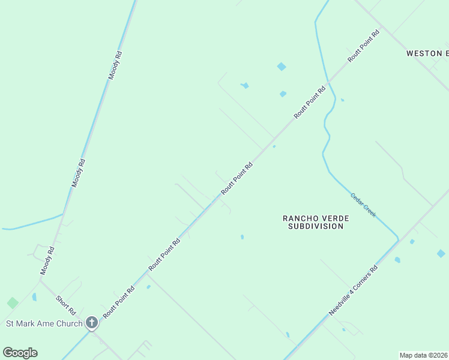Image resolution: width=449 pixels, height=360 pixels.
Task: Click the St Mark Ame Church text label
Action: (x=44, y=324)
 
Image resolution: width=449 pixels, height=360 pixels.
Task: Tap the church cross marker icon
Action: (x=92, y=323)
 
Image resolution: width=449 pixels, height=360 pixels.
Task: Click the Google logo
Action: (x=20, y=353)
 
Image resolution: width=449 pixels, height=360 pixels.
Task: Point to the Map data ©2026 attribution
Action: (x=423, y=355)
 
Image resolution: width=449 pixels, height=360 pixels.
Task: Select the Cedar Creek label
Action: (x=363, y=205)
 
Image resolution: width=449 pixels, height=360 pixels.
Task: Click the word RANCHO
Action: (x=304, y=218)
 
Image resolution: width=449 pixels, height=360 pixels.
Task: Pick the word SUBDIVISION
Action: (x=316, y=226)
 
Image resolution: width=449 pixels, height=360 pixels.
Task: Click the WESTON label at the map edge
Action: (x=427, y=53)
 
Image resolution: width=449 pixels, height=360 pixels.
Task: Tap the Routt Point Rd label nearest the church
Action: (x=118, y=302)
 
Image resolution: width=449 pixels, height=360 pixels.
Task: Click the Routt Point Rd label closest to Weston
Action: (x=364, y=47)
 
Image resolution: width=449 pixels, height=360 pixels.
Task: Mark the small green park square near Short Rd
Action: (x=13, y=303)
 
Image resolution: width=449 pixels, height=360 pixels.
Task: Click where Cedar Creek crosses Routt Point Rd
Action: (x=328, y=81)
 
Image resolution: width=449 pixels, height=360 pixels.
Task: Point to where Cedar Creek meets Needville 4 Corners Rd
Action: (x=398, y=241)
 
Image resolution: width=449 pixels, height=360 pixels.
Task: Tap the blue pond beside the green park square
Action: (x=34, y=296)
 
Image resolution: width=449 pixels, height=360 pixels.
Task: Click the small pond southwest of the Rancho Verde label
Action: (x=242, y=237)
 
